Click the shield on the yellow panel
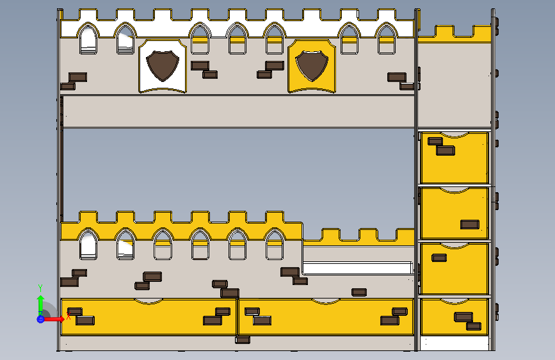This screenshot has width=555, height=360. tap(312, 65)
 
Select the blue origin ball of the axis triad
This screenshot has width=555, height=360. tap(40, 318)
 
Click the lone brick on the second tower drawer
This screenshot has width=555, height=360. tap(469, 224)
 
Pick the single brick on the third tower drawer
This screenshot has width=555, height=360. tap(439, 258)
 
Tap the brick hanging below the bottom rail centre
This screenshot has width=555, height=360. tap(243, 340)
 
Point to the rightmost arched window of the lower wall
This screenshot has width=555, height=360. tap(275, 245)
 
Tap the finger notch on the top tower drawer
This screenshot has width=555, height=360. tap(454, 135)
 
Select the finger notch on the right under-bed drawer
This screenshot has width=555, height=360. tap(326, 300)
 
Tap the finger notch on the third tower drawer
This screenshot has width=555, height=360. tap(454, 246)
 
